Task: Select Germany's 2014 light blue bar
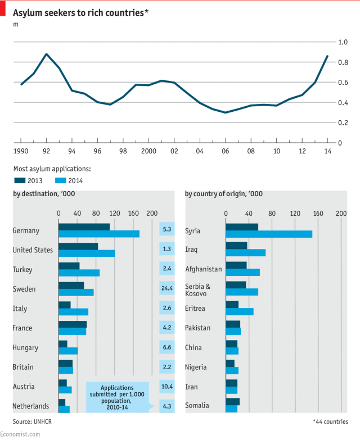click(x=98, y=234)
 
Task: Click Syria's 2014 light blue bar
click(x=268, y=234)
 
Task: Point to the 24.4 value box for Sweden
click(x=166, y=289)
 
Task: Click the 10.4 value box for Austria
click(x=166, y=387)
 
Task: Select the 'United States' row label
click(x=33, y=250)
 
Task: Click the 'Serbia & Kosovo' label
click(x=196, y=289)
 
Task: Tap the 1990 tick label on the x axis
click(x=21, y=151)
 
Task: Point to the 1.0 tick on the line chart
click(x=342, y=42)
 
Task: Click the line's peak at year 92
click(x=46, y=54)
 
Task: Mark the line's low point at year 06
click(x=225, y=112)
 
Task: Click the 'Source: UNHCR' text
click(x=30, y=421)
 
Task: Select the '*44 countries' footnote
click(x=331, y=421)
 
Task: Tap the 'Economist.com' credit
click(x=20, y=434)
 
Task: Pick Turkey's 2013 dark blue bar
click(x=69, y=266)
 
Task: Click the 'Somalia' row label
click(x=197, y=406)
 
